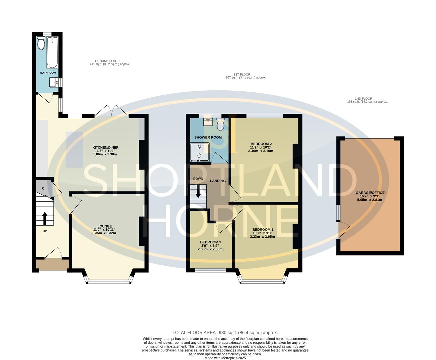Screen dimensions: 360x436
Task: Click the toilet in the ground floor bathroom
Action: pyautogui.click(x=41, y=44)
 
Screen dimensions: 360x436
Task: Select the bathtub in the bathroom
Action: pyautogui.click(x=52, y=52)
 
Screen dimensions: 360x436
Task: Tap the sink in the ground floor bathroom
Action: pyautogui.click(x=54, y=82)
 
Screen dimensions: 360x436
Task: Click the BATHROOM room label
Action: pyautogui.click(x=48, y=73)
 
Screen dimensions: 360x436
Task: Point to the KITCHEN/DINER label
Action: pyautogui.click(x=105, y=147)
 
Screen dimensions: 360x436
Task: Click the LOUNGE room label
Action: pyautogui.click(x=104, y=226)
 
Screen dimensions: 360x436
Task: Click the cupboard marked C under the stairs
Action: pyautogui.click(x=43, y=189)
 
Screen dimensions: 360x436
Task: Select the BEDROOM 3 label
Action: pyautogui.click(x=210, y=242)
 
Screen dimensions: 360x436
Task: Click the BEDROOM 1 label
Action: pyautogui.click(x=263, y=230)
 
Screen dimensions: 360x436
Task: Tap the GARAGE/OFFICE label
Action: pyautogui.click(x=370, y=193)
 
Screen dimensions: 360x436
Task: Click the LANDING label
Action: pyautogui.click(x=218, y=181)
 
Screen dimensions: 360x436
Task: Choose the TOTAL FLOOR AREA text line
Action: pyautogui.click(x=225, y=332)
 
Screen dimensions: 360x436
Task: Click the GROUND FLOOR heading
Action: pyautogui.click(x=107, y=61)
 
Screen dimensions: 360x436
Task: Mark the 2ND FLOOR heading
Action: pyautogui.click(x=363, y=99)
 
